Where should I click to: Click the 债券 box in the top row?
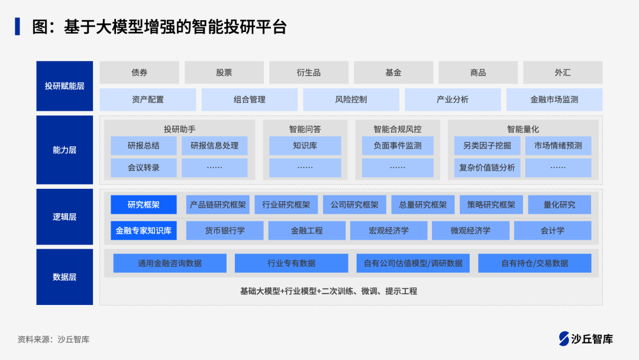pos(139,72)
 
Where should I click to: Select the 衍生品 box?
pos(308,72)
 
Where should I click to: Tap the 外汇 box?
pos(562,72)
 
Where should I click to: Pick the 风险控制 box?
pos(351,99)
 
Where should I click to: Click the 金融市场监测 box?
pos(554,99)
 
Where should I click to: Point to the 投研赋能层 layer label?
pos(64,86)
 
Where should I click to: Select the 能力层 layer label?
pos(64,150)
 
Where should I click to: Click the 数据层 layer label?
pos(64,277)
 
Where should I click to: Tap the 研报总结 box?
pos(143,146)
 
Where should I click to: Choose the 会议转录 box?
pos(143,168)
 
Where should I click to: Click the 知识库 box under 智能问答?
pos(305,146)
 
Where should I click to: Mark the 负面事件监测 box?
pos(398,146)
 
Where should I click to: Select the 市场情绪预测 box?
pos(558,146)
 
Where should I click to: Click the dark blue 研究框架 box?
pos(143,205)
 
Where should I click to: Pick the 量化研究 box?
pos(559,205)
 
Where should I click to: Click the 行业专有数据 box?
pos(291,263)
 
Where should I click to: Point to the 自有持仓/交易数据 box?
pos(534,263)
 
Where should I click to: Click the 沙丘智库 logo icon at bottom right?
pos(564,338)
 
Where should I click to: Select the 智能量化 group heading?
pos(522,128)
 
